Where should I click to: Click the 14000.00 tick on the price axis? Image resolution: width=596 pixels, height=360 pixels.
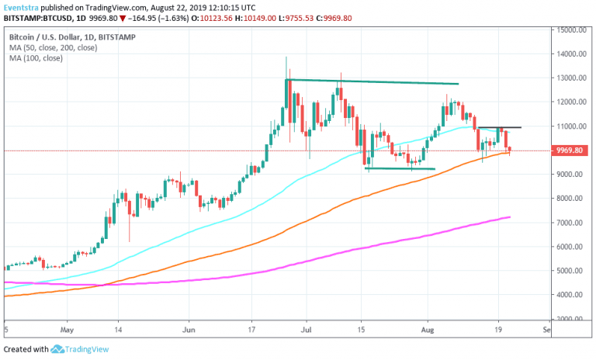coord(570,54)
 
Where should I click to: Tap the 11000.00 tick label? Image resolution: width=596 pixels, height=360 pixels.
coord(570,126)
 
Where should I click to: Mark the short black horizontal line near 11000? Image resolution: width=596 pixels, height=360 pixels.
coord(499,127)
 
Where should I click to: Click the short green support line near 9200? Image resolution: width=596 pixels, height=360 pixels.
coord(400,168)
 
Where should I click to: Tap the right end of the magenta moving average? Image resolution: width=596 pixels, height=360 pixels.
coord(509,217)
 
